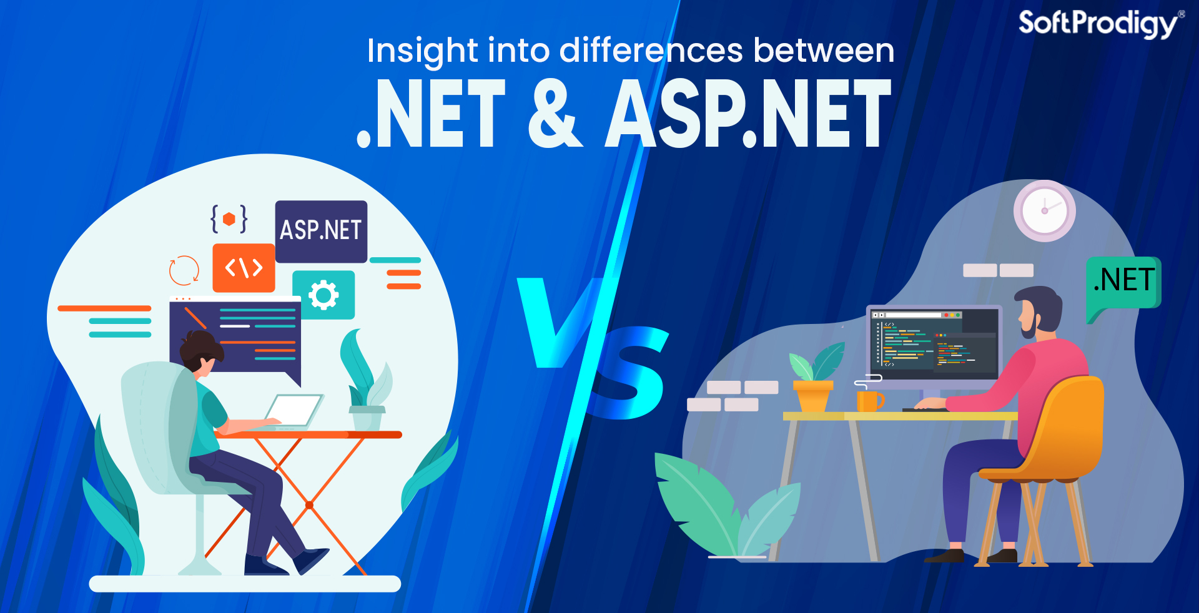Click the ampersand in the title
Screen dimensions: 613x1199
pos(555,114)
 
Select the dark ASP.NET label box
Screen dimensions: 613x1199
pos(321,231)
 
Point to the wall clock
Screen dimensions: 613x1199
pos(1044,211)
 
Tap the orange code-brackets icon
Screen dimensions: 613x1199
pos(244,268)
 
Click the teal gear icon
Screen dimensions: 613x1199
pos(323,295)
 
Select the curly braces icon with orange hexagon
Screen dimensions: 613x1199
pos(229,219)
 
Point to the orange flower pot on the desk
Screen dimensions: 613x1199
pos(812,395)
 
